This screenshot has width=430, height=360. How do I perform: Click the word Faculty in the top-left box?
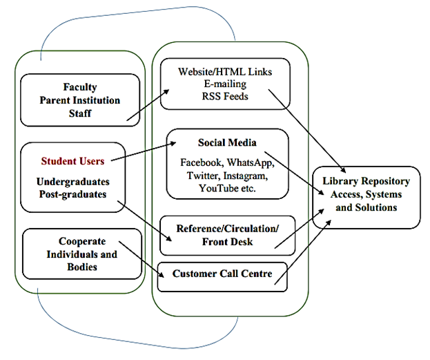[x=80, y=88]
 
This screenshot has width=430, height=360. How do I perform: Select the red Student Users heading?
[x=72, y=162]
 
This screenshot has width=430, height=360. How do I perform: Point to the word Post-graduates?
[x=72, y=195]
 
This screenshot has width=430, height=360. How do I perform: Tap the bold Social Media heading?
[x=227, y=142]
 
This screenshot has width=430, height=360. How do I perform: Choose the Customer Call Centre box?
[x=222, y=274]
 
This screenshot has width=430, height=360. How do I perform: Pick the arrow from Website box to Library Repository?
[x=308, y=132]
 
